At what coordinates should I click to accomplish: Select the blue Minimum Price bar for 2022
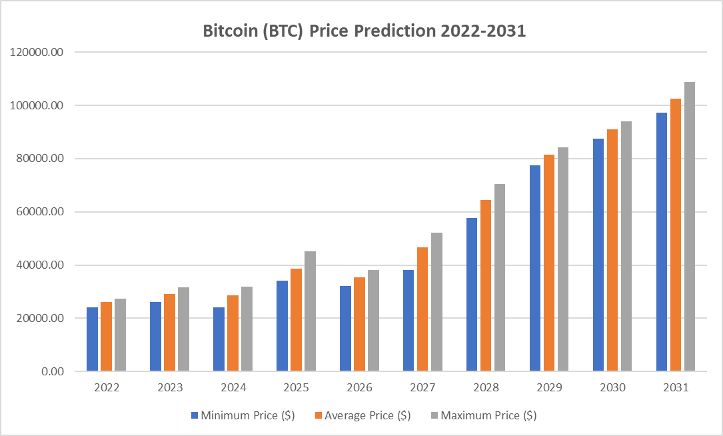[x=92, y=339]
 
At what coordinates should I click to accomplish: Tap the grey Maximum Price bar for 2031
[x=690, y=227]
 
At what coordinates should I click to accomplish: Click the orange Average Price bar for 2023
[x=169, y=333]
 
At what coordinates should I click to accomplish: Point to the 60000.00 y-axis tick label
[x=39, y=212]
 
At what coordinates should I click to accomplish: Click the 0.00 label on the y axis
[x=52, y=371]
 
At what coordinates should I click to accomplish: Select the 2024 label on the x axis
[x=233, y=387]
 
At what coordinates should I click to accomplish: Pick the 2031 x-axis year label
[x=676, y=387]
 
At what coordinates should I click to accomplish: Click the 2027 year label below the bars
[x=422, y=387]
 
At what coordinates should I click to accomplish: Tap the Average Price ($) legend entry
[x=367, y=415]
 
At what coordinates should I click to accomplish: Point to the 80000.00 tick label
[x=39, y=159]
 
